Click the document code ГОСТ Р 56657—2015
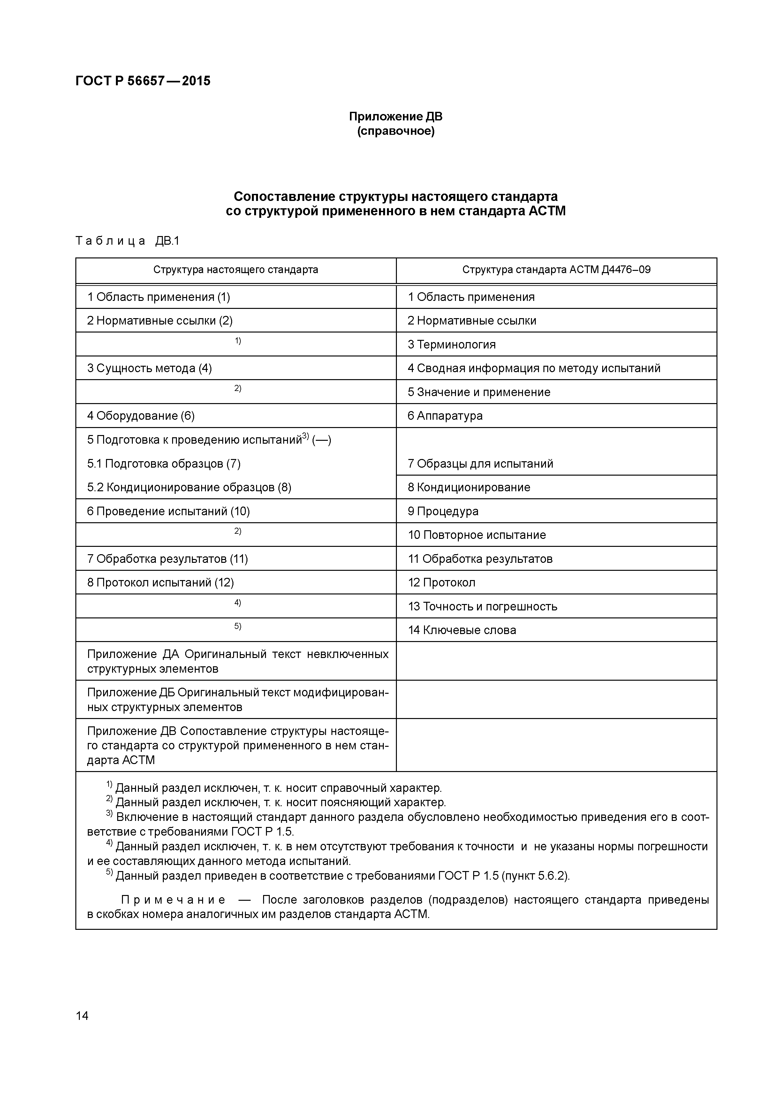(x=143, y=81)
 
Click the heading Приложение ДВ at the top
(x=396, y=117)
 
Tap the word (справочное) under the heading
(x=396, y=131)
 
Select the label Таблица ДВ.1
(x=127, y=241)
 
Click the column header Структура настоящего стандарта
(x=236, y=270)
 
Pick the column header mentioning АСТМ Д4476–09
(x=556, y=270)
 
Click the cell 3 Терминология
(x=451, y=345)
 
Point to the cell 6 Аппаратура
(x=445, y=416)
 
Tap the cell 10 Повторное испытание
(x=477, y=535)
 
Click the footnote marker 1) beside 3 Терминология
(x=238, y=341)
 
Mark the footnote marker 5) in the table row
(x=238, y=627)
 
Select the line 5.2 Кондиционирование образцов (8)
(x=189, y=487)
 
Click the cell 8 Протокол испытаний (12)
(x=161, y=582)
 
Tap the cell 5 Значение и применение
(x=479, y=392)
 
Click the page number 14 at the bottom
(x=82, y=1016)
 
